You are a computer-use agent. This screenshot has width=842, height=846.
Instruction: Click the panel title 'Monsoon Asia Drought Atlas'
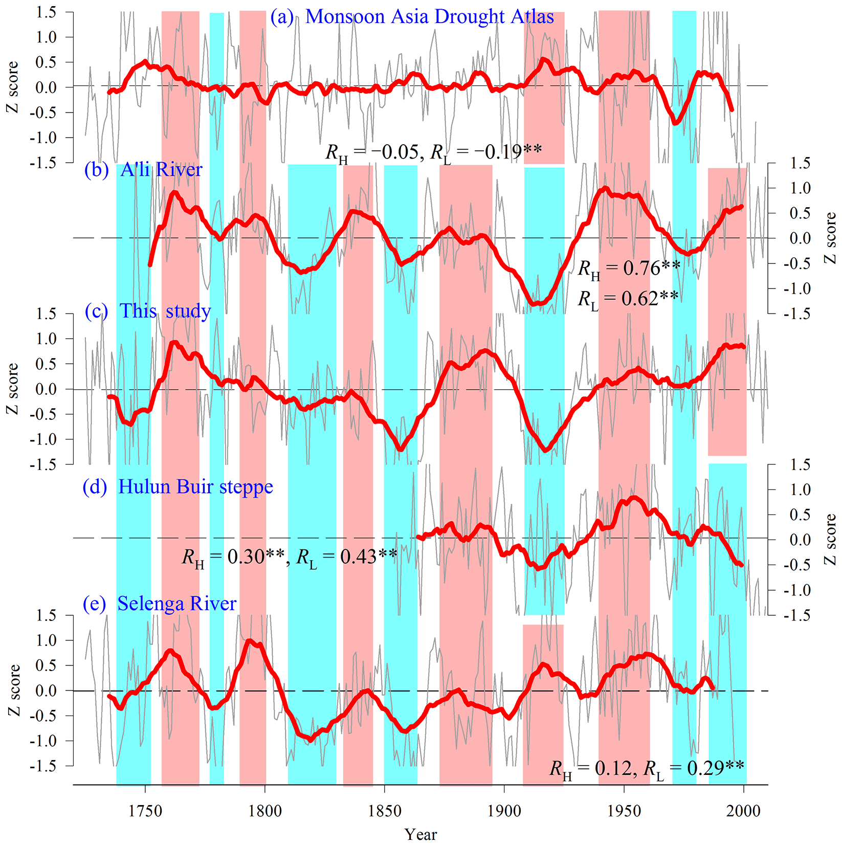pyautogui.click(x=429, y=17)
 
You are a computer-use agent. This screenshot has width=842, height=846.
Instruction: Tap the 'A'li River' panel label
pyautogui.click(x=161, y=169)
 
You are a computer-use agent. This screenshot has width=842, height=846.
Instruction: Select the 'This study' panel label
pyautogui.click(x=165, y=311)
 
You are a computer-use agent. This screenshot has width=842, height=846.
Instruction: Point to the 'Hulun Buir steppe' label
pyautogui.click(x=195, y=487)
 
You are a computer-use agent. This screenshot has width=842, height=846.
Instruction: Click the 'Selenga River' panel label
pyautogui.click(x=176, y=604)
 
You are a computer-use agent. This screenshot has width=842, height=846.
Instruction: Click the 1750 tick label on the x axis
pyautogui.click(x=145, y=811)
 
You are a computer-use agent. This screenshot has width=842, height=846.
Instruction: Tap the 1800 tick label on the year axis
pyautogui.click(x=265, y=811)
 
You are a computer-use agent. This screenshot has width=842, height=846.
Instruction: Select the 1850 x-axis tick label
pyautogui.click(x=385, y=811)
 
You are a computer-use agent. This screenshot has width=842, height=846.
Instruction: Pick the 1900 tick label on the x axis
pyautogui.click(x=504, y=811)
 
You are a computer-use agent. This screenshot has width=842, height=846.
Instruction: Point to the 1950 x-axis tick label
pyautogui.click(x=624, y=811)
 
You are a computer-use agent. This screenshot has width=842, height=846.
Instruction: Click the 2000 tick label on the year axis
pyautogui.click(x=744, y=811)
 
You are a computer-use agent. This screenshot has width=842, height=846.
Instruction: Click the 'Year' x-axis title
pyautogui.click(x=420, y=835)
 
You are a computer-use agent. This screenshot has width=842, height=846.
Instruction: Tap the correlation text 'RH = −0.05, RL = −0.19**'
pyautogui.click(x=433, y=152)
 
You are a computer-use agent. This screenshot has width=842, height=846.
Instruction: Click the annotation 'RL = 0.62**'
pyautogui.click(x=628, y=299)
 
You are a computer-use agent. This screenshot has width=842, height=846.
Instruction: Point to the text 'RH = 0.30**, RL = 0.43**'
pyautogui.click(x=290, y=557)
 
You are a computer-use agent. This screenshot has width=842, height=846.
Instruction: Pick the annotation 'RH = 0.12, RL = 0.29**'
pyautogui.click(x=647, y=768)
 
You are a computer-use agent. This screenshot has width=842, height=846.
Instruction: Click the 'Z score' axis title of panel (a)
pyautogui.click(x=12, y=87)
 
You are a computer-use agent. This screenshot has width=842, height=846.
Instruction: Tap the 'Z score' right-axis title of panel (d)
pyautogui.click(x=830, y=540)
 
